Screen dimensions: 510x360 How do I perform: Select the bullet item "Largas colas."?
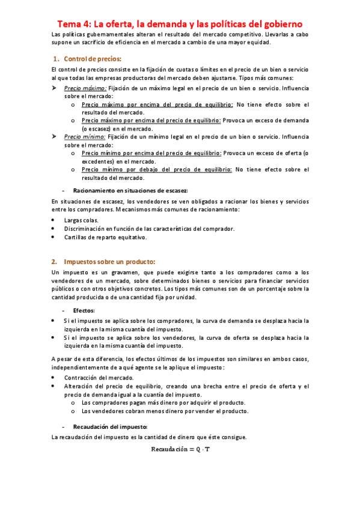pyautogui.click(x=82, y=220)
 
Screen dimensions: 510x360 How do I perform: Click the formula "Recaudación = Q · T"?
pyautogui.click(x=180, y=449)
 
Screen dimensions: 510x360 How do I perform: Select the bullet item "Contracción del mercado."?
pyautogui.click(x=99, y=377)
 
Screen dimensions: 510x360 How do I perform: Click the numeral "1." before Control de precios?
pyautogui.click(x=57, y=59)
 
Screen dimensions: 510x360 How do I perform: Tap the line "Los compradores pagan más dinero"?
pyautogui.click(x=163, y=402)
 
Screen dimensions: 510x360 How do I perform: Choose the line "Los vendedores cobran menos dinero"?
pyautogui.click(x=164, y=411)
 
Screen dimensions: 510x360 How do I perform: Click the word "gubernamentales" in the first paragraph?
pyautogui.click(x=102, y=35)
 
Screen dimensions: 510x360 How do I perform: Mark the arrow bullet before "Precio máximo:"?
pyautogui.click(x=55, y=88)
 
